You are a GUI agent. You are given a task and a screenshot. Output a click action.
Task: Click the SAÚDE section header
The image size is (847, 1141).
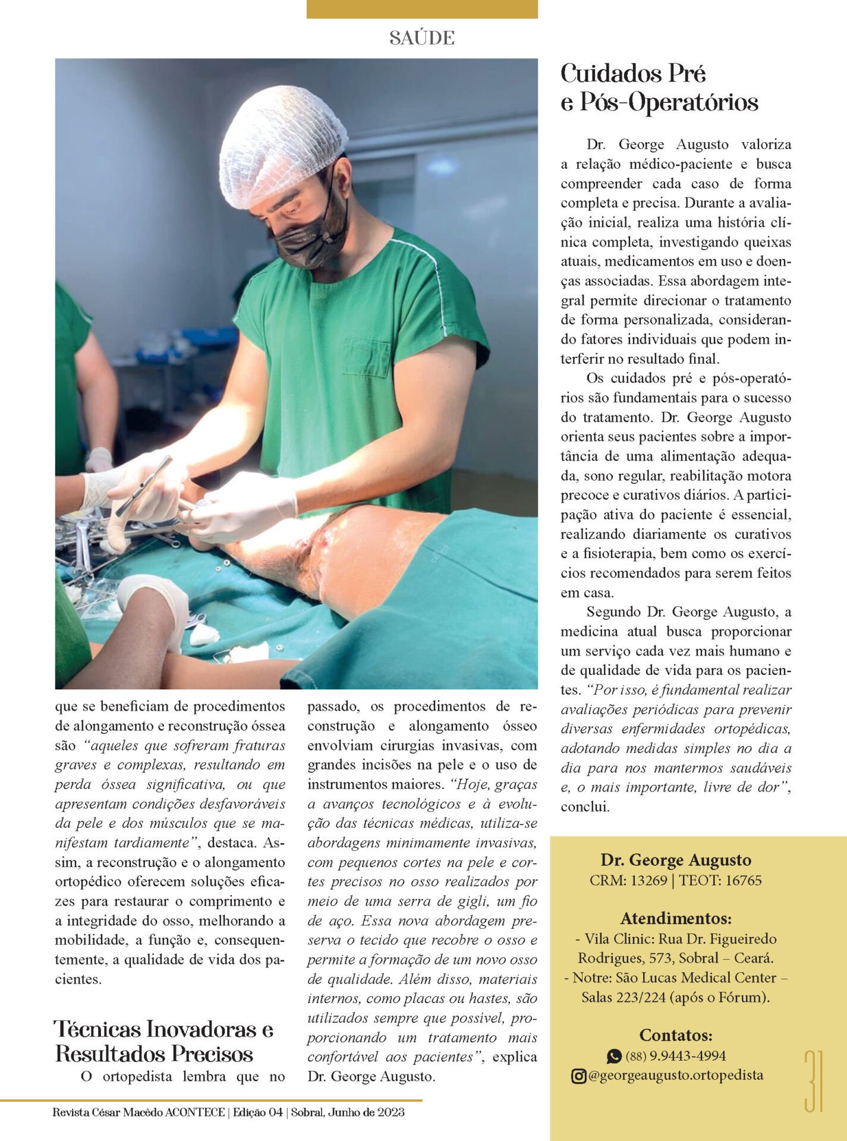coord(422,38)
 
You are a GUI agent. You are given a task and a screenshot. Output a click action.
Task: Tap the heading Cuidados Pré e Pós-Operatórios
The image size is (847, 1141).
coord(659,88)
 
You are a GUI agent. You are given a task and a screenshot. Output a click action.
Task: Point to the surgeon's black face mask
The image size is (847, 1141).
coord(311,238)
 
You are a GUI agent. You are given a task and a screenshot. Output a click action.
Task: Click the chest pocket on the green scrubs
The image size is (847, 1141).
coord(366,358)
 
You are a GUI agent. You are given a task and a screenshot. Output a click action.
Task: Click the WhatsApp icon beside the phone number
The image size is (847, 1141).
coord(614,1056)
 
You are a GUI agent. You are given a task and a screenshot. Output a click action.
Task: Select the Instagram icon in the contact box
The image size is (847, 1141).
coord(578,1076)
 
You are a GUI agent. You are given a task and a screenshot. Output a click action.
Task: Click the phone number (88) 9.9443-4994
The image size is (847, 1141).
coord(676,1056)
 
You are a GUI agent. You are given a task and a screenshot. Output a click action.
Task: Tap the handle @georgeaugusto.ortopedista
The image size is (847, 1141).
coord(676,1075)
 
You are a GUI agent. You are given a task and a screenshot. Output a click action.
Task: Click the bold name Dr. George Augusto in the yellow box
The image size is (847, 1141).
coord(676,860)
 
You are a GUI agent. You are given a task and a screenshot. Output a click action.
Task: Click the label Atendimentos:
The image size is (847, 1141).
coord(676,918)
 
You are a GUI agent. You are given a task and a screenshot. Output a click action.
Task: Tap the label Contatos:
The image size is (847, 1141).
coord(676,1035)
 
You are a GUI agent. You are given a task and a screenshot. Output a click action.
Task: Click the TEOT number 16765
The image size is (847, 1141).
coord(740,880)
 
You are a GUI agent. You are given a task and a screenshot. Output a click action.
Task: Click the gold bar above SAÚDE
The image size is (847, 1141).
coord(422,9)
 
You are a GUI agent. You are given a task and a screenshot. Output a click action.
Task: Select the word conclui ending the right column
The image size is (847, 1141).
coord(584,807)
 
